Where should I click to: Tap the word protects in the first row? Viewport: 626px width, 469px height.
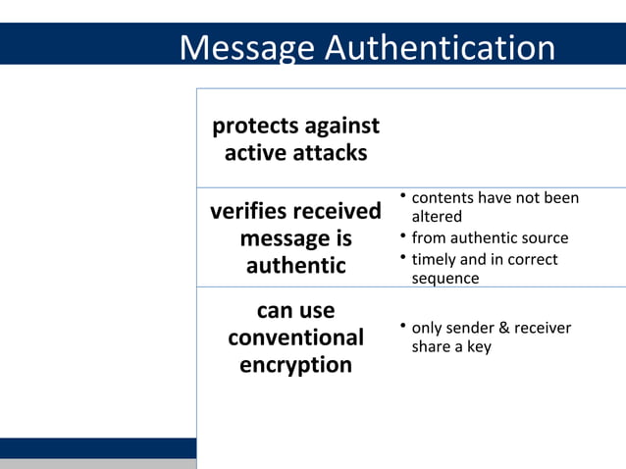257,127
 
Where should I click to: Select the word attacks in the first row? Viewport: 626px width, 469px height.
329,153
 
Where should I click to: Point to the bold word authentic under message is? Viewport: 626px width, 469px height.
295,266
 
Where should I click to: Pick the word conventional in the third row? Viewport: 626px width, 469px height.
295,338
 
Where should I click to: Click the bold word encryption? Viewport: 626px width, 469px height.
295,365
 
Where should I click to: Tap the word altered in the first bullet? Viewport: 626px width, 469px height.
436,217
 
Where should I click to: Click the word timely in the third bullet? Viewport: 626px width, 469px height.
434,260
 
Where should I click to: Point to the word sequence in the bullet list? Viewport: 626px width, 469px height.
445,279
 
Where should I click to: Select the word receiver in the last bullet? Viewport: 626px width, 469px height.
543,329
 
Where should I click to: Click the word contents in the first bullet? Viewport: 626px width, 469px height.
442,198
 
